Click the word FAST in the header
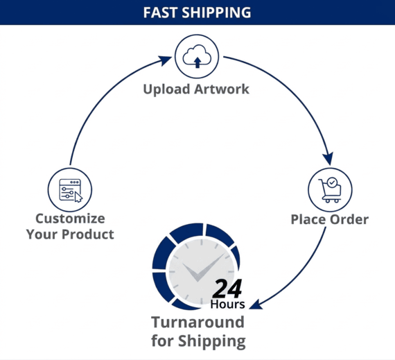[x=160, y=12]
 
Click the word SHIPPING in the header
[x=216, y=12]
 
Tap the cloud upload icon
[x=197, y=56]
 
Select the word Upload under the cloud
[x=166, y=89]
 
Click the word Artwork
[x=222, y=89]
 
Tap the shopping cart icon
[x=330, y=190]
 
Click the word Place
[x=308, y=219]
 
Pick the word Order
[x=349, y=219]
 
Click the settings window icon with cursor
[x=70, y=190]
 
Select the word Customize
[x=70, y=218]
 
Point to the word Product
[x=88, y=234]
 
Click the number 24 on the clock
[x=227, y=288]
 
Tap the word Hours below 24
[x=227, y=304]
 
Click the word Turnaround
[x=197, y=322]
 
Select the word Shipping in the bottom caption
[x=212, y=341]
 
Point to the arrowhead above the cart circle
[x=328, y=159]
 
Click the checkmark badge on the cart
[x=332, y=182]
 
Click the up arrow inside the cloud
[x=197, y=62]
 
